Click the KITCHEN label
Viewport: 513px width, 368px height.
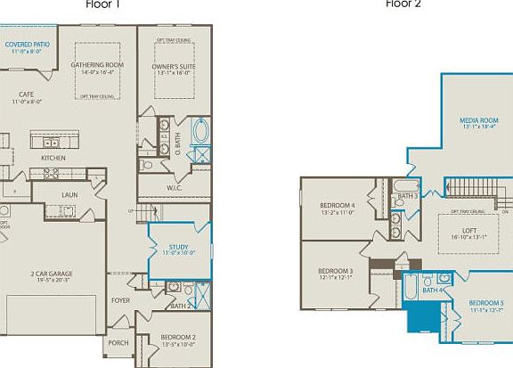click(x=53, y=159)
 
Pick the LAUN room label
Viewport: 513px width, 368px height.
click(x=69, y=193)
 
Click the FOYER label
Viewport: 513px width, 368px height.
click(x=120, y=301)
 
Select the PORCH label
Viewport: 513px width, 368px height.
click(x=118, y=342)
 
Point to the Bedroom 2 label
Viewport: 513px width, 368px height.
click(x=178, y=337)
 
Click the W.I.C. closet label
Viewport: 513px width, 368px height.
click(x=175, y=187)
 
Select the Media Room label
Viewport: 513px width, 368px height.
click(x=477, y=120)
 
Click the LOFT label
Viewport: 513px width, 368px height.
click(x=445, y=230)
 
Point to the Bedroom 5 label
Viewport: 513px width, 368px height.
click(x=485, y=303)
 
